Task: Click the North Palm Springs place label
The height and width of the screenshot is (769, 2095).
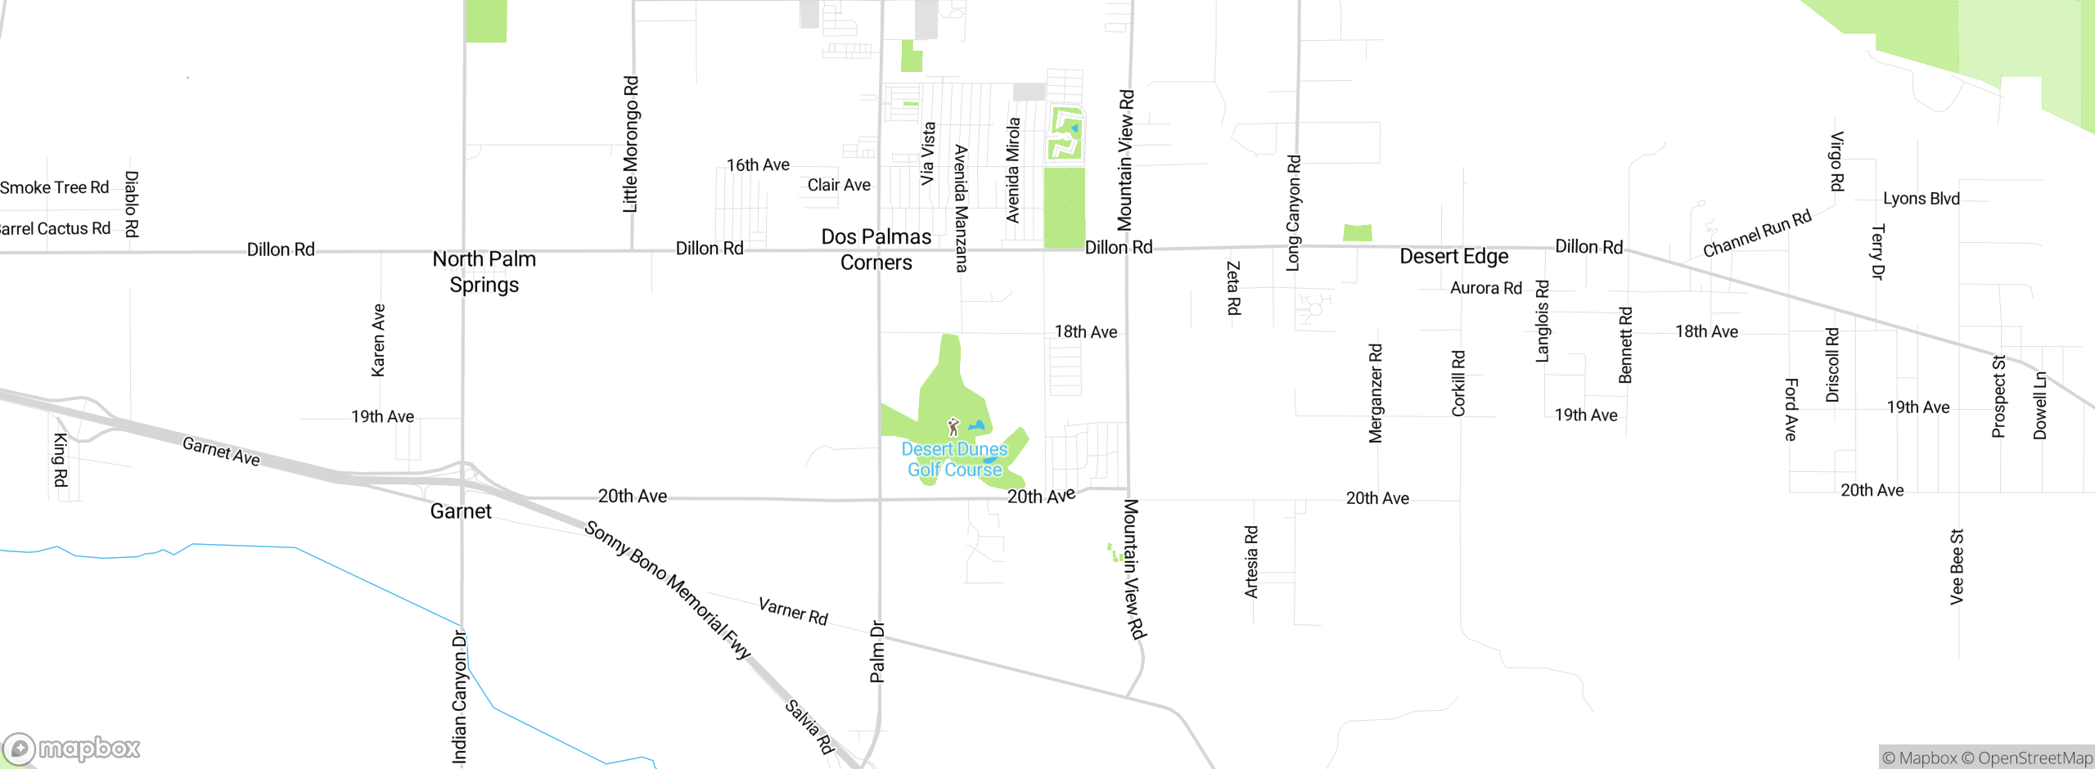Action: pyautogui.click(x=484, y=272)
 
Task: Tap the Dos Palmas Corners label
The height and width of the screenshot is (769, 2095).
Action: pyautogui.click(x=876, y=250)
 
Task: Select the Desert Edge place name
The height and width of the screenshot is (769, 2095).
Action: pyautogui.click(x=1453, y=257)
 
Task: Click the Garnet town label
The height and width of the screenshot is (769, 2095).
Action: pyautogui.click(x=461, y=511)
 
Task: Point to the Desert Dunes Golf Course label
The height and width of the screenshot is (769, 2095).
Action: pyautogui.click(x=954, y=460)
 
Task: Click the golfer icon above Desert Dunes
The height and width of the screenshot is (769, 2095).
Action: pyautogui.click(x=953, y=427)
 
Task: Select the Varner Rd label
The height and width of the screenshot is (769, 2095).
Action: pyautogui.click(x=793, y=611)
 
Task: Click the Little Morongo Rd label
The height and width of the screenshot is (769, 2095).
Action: pyautogui.click(x=630, y=145)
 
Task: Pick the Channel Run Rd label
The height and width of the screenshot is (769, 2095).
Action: pyautogui.click(x=1757, y=233)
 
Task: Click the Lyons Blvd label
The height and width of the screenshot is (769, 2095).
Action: pyautogui.click(x=1921, y=199)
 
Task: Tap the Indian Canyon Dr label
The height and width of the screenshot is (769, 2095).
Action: pyautogui.click(x=459, y=697)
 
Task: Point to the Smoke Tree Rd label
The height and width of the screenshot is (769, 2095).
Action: pyautogui.click(x=54, y=188)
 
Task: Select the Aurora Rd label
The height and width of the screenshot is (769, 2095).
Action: pyautogui.click(x=1485, y=288)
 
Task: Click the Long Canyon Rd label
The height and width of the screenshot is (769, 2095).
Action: pyautogui.click(x=1293, y=213)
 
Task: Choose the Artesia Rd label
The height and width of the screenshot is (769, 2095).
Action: pyautogui.click(x=1251, y=562)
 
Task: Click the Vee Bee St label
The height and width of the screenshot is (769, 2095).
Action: pyautogui.click(x=1957, y=567)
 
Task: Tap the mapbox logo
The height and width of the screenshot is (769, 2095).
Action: pyautogui.click(x=72, y=749)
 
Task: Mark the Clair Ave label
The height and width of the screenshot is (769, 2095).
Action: pyautogui.click(x=839, y=185)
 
